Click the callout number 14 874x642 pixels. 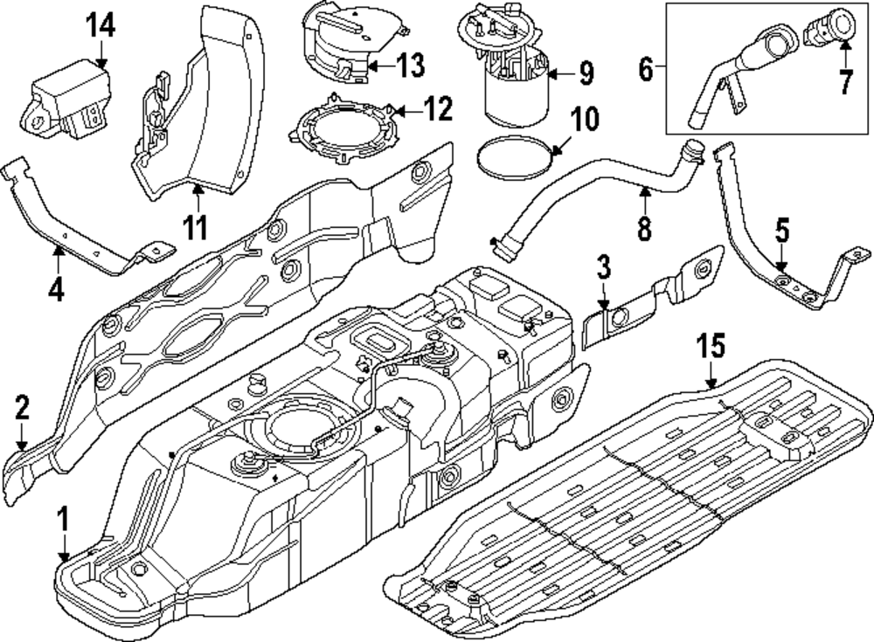tap(101, 26)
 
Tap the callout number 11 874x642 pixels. tap(197, 228)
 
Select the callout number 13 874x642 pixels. tap(409, 65)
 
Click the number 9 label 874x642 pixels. tap(585, 72)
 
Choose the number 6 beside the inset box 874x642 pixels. tap(646, 67)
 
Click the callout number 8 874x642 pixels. tap(644, 228)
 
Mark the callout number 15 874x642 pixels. tap(711, 347)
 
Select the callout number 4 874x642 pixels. tap(56, 288)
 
